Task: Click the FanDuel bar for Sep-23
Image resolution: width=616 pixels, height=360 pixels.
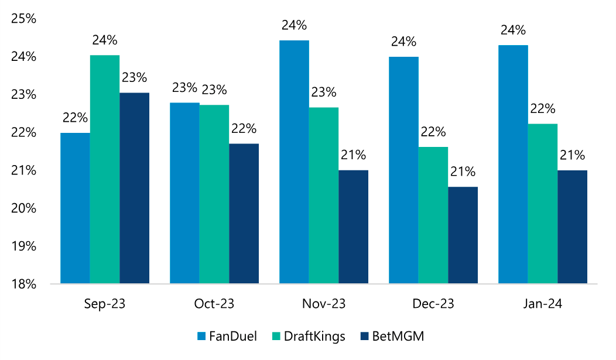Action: (75, 208)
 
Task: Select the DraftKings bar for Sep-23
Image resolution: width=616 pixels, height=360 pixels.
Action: (105, 170)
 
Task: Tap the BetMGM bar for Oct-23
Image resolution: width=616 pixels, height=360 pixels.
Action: (244, 214)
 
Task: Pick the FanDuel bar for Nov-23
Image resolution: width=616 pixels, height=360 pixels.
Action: (294, 162)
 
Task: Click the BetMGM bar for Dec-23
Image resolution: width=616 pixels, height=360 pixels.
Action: (463, 235)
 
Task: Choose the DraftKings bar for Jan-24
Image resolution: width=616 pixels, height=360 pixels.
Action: (542, 204)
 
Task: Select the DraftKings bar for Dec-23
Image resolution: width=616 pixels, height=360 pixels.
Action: (433, 215)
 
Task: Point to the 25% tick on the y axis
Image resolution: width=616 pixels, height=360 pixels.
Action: (24, 19)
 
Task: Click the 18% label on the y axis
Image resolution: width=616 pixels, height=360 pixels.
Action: (24, 284)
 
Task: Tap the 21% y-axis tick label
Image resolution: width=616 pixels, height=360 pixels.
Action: (24, 171)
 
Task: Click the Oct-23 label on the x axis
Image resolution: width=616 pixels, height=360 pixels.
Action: (214, 304)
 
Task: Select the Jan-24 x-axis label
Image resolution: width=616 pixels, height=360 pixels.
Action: (542, 304)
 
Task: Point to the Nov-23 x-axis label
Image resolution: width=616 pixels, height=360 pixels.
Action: (323, 304)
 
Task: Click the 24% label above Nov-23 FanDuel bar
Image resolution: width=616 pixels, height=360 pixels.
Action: (294, 26)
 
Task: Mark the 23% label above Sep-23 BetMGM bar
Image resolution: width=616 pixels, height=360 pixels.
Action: (135, 78)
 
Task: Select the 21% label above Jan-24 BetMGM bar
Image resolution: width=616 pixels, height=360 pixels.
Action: (572, 155)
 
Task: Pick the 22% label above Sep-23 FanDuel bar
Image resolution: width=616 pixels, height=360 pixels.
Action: (75, 118)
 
